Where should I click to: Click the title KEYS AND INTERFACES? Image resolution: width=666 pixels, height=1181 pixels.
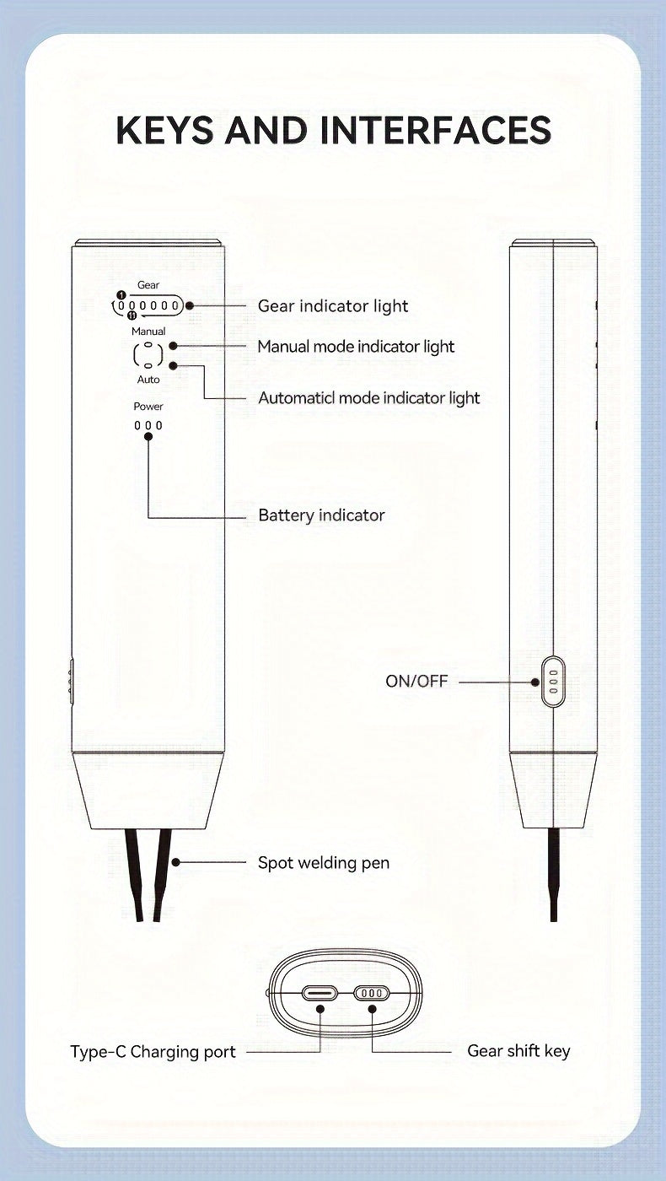coord(333,131)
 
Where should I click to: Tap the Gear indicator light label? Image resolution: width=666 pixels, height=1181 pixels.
coord(333,306)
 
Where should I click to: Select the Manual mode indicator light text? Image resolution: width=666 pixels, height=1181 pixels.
coord(356,347)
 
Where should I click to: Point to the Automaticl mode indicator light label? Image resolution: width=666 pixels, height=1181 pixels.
coord(368,397)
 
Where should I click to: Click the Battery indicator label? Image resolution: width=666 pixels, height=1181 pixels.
coord(321,515)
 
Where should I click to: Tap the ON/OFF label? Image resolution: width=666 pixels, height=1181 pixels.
coord(416,681)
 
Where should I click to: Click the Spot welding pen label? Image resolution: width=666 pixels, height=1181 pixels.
coord(324,863)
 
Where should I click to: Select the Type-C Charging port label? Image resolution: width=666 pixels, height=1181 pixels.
coord(153,1052)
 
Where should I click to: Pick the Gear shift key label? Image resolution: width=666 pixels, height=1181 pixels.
coord(518,1051)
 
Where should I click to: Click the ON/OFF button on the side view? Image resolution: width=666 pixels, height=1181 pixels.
coord(553,681)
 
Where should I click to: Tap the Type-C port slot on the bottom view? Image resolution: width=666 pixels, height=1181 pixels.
coord(320,993)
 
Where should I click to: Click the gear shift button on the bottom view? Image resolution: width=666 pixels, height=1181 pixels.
coord(372,993)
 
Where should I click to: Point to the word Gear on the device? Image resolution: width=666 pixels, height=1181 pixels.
coord(148,285)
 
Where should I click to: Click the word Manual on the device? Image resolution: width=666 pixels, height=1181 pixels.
coord(148,332)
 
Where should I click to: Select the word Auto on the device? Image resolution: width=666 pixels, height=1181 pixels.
coord(148,380)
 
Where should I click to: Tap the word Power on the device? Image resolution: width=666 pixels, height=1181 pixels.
coord(148,407)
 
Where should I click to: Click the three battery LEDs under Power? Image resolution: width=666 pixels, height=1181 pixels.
coord(148,426)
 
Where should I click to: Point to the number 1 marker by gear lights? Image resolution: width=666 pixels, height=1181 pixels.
coord(121,295)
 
